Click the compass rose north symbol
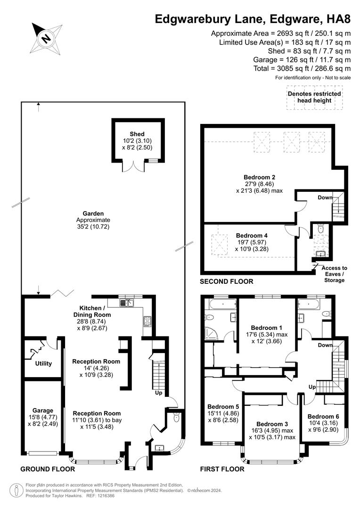click(46, 38)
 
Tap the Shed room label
click(137, 134)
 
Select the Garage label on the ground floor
click(43, 410)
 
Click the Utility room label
click(43, 364)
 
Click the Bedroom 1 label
click(267, 328)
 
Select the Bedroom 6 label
click(323, 417)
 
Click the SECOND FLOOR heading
click(227, 281)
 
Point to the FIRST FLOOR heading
click(222, 469)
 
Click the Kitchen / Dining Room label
click(92, 311)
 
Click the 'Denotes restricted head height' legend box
click(314, 98)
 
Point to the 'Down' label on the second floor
click(325, 197)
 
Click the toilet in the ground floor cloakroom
click(176, 418)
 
